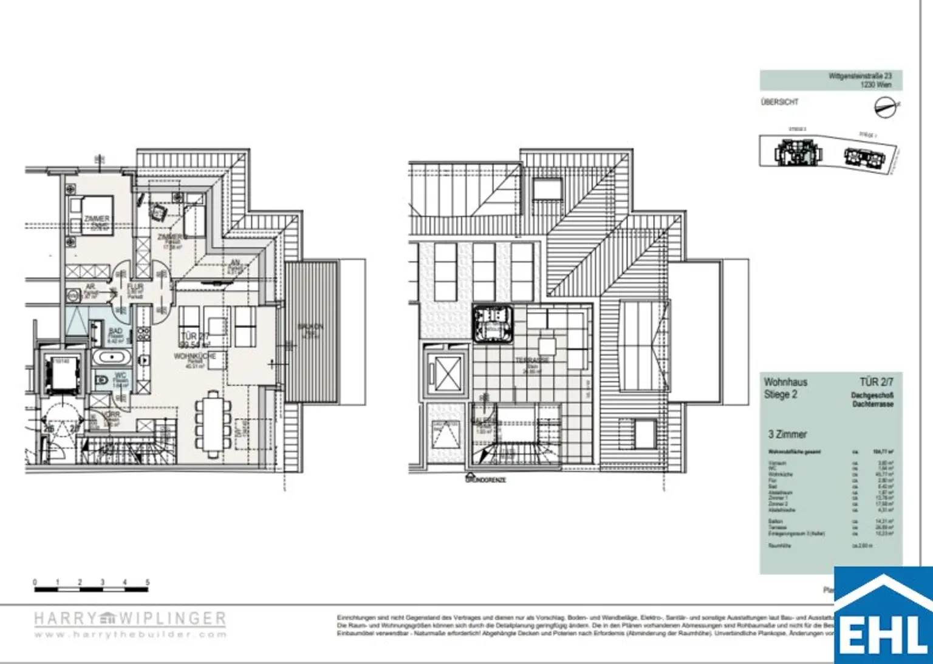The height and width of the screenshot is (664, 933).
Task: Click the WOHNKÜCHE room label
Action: point(195,356)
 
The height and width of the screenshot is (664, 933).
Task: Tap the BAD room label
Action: point(115,332)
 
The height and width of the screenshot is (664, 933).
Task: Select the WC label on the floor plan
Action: point(120,376)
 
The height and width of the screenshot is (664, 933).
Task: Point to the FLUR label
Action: point(135,287)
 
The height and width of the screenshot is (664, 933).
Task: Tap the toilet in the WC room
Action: point(103,381)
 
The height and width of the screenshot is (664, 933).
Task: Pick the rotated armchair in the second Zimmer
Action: point(159,212)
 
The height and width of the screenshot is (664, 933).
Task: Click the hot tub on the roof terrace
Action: point(493,324)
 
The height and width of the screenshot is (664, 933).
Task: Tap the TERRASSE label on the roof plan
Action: point(532,361)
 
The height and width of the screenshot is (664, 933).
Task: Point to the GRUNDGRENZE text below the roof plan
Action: point(485,479)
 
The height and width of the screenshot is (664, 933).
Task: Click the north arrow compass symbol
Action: point(886,108)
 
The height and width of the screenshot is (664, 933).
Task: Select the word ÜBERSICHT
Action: point(779,102)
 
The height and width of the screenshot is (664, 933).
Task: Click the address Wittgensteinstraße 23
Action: point(860,76)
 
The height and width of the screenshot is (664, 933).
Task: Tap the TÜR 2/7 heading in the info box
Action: point(876,382)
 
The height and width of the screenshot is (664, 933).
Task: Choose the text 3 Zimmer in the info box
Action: point(787,434)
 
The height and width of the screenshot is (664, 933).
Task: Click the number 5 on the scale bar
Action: point(147,582)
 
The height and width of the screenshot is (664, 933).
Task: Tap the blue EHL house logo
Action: point(883,616)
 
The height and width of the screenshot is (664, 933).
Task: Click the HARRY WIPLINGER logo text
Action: point(130,618)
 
